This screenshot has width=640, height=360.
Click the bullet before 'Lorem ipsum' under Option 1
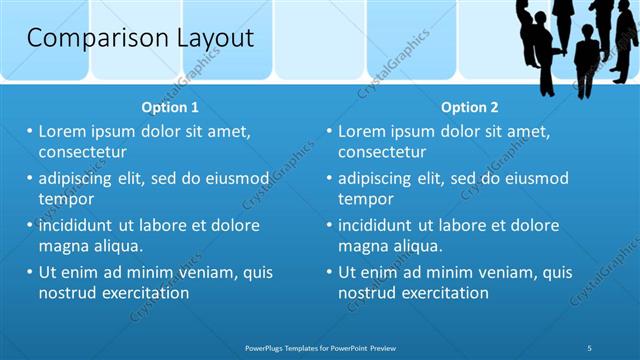(30, 131)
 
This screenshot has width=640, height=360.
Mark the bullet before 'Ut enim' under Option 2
(330, 272)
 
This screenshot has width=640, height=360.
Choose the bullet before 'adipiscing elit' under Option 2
(330, 178)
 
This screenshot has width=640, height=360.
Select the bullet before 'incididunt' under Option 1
(30, 225)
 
